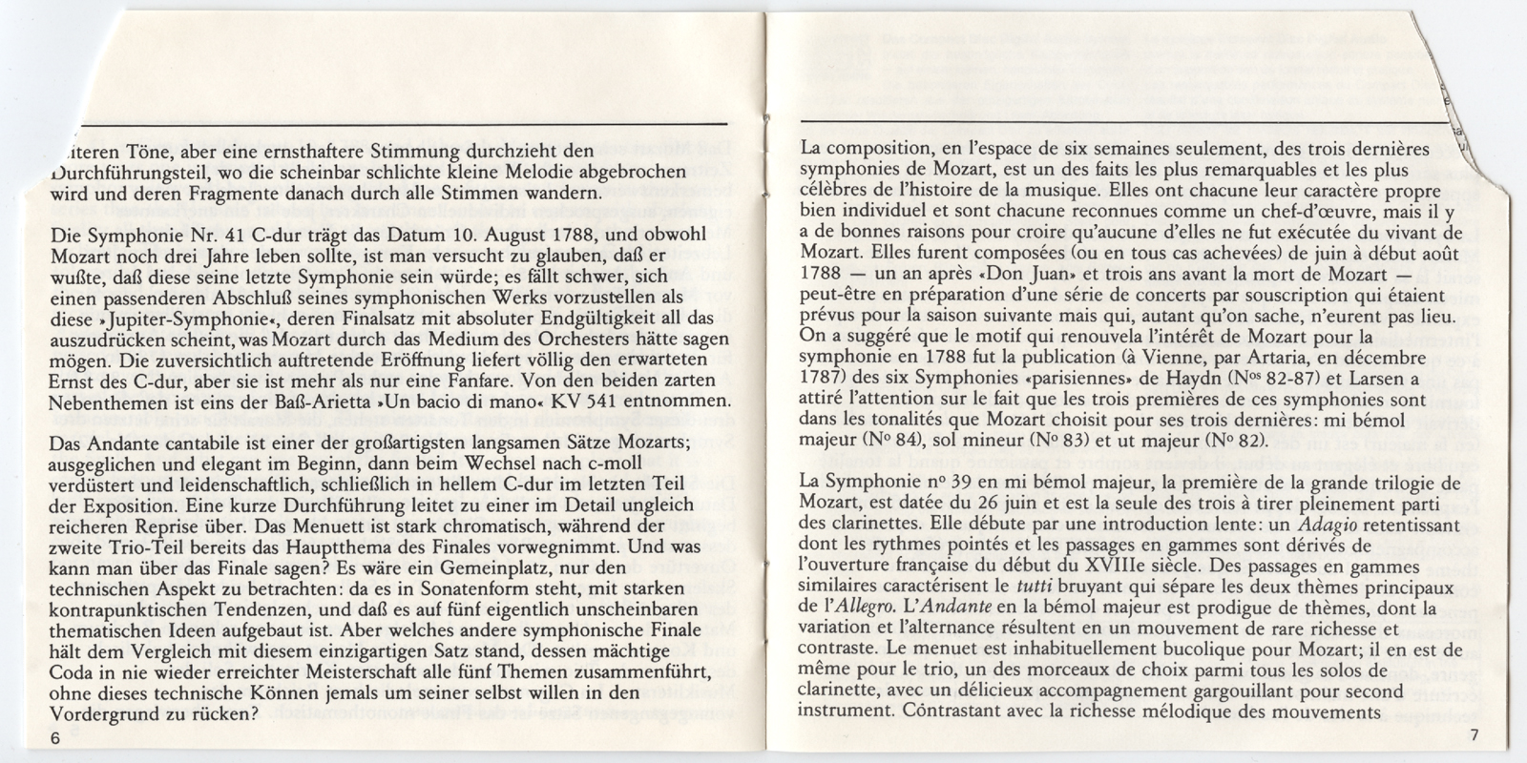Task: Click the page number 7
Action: (1475, 734)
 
